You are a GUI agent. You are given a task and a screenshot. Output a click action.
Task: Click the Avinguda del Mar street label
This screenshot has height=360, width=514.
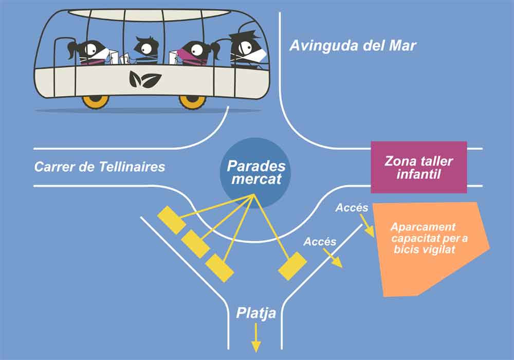pos(353,45)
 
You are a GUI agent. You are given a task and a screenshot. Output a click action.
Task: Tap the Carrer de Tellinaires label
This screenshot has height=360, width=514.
pos(99,167)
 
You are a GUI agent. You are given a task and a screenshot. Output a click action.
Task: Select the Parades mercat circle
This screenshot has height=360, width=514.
pos(255,173)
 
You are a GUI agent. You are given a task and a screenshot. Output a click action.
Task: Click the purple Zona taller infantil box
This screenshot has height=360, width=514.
pos(418,167)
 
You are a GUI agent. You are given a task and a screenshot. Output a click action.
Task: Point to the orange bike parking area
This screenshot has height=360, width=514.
pos(429,247)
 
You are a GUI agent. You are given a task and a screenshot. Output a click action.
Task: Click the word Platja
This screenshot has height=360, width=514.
pos(256,313)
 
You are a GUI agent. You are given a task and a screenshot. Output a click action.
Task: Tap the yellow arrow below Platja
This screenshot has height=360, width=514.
pos(255,338)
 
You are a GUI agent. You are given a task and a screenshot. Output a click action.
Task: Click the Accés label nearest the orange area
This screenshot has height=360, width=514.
pos(352,208)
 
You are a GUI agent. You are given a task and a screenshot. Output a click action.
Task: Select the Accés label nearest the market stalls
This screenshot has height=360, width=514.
pos(320,242)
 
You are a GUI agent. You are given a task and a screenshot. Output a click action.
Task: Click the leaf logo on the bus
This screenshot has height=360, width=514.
pos(145,79)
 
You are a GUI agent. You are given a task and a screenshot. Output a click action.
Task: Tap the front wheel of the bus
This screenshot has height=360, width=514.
pos(192,101)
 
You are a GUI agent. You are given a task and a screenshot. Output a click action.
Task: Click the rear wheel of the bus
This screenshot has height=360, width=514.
pos(96,101)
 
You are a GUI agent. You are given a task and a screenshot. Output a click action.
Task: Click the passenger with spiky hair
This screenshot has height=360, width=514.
pos(145,49)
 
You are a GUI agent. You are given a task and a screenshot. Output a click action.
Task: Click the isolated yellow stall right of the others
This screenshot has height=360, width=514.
pos(292,266)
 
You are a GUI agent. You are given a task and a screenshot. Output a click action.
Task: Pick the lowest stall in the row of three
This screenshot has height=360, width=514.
pos(219,268)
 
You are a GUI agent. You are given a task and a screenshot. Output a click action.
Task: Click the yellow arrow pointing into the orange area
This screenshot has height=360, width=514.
pos(368,226)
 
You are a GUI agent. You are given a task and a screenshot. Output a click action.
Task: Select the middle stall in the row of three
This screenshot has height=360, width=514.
pos(196,244)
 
